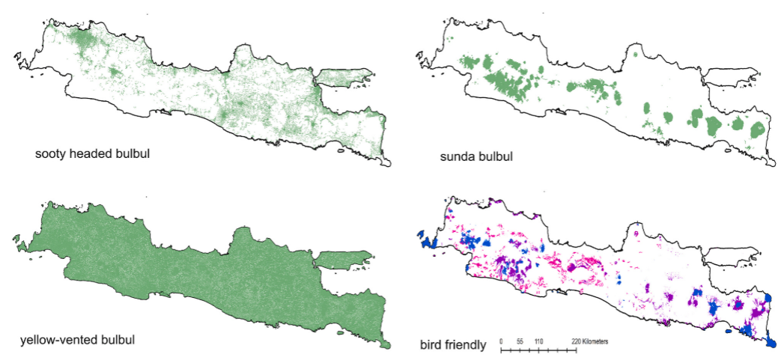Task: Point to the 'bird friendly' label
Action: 454,345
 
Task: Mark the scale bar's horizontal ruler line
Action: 538,350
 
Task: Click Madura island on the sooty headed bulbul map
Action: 344,76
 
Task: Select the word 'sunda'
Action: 456,159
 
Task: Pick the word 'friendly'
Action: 467,345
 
